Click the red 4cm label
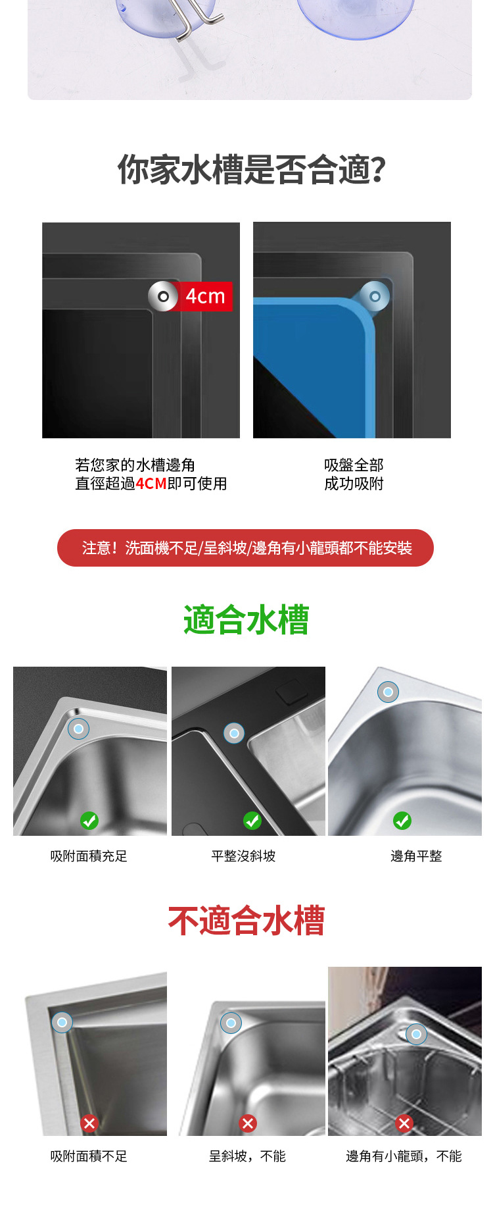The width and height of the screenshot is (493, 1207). click(205, 296)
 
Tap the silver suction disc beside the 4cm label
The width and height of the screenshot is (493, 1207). click(163, 296)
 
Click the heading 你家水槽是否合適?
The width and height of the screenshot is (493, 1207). click(251, 169)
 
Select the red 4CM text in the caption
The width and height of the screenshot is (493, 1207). click(151, 484)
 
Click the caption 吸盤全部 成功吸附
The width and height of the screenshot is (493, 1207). click(354, 475)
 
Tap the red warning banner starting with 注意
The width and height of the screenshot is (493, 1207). click(245, 548)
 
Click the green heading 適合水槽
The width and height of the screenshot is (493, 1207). click(246, 620)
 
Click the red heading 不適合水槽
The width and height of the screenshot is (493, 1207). click(246, 920)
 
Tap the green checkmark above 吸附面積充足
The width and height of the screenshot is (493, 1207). click(89, 821)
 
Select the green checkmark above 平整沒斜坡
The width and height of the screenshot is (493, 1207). click(252, 821)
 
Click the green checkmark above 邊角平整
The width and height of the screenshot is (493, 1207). click(402, 821)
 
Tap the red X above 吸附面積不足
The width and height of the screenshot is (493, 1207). click(89, 1123)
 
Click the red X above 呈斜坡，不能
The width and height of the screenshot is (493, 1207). click(248, 1123)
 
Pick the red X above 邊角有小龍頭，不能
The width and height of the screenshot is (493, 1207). click(405, 1123)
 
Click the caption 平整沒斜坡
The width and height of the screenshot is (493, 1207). click(243, 856)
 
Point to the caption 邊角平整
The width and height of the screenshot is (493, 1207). click(416, 856)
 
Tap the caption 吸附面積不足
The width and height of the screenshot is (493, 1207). click(89, 1156)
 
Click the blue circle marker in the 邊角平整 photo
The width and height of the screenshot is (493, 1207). click(388, 692)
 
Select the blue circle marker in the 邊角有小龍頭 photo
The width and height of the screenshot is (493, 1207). click(416, 1034)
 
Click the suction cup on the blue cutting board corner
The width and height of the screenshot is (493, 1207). click(375, 297)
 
